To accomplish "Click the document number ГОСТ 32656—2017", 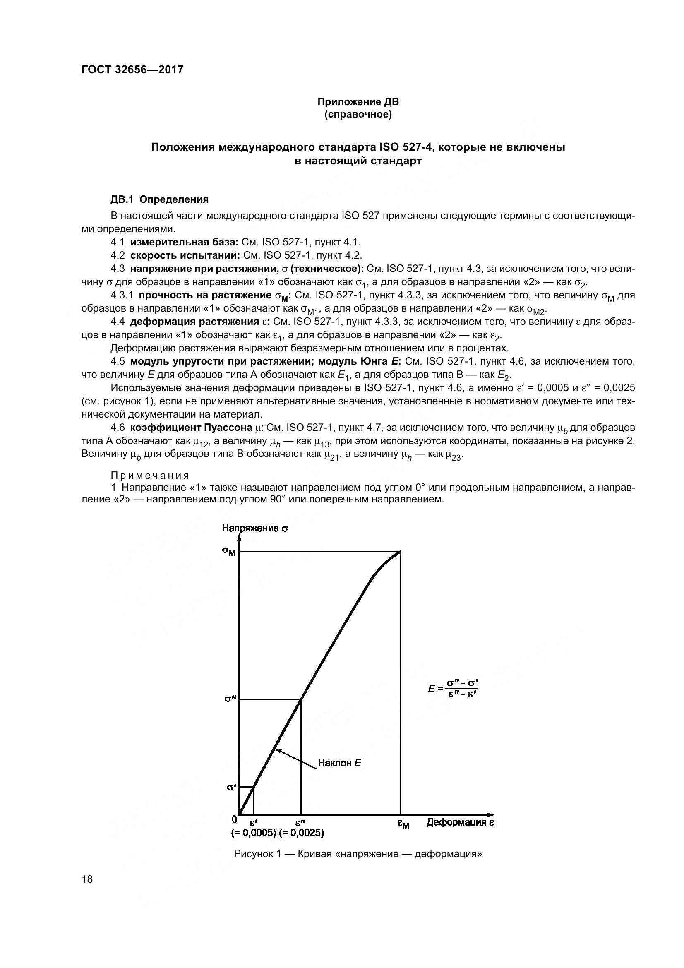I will click(132, 70).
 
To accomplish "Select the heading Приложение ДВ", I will click(358, 102).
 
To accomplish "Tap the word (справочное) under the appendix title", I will click(358, 114).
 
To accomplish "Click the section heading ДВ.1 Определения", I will click(159, 199).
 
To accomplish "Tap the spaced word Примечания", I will click(150, 475).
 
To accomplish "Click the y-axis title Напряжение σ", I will click(255, 528).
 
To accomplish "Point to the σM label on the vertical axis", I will click(229, 551).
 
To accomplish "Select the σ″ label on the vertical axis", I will click(230, 699).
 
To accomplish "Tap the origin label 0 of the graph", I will click(234, 819).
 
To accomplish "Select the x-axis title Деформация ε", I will click(460, 822).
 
